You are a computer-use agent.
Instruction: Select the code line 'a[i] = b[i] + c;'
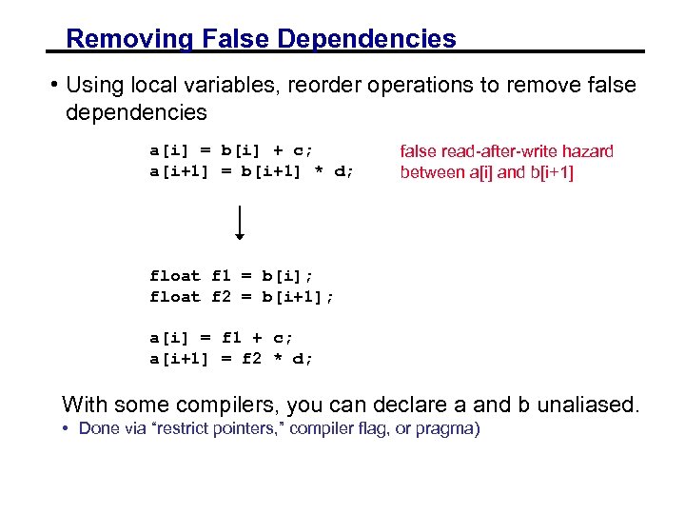coord(231,149)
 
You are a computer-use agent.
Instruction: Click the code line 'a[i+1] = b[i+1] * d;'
coord(251,171)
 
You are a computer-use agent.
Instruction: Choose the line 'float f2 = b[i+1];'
coord(242,297)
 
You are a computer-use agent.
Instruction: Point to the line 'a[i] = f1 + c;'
coord(221,338)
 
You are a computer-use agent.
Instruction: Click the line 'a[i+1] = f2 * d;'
coord(231,359)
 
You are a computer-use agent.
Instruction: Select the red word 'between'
coord(432,172)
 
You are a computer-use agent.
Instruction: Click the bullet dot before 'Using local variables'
coord(56,85)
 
